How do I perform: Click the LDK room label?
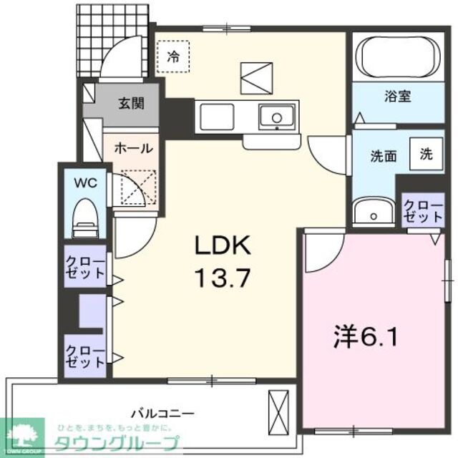click(223, 247)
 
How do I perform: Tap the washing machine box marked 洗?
click(426, 153)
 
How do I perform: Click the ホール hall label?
click(133, 149)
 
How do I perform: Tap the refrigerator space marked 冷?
click(172, 54)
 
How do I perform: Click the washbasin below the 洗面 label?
click(372, 212)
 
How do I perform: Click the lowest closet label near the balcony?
click(85, 356)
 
